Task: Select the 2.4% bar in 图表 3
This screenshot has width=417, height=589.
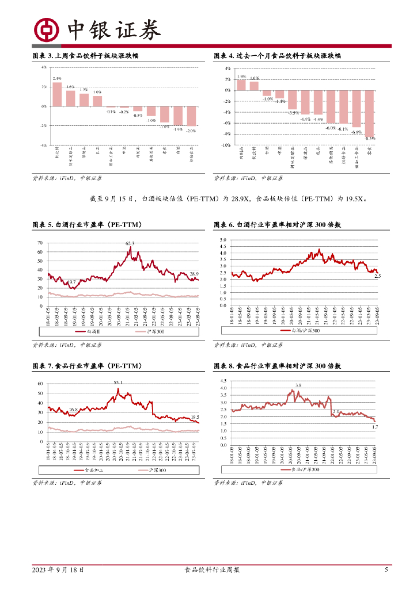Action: [57, 94]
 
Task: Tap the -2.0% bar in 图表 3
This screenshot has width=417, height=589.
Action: [191, 116]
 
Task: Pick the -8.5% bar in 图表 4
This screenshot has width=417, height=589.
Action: [369, 112]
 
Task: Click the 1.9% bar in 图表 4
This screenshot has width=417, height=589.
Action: [241, 85]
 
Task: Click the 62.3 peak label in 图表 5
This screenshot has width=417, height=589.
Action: [130, 244]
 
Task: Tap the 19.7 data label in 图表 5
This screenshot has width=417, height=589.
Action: [71, 282]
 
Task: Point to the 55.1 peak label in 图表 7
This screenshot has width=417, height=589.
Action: [118, 382]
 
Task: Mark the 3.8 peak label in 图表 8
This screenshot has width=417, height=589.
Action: [298, 385]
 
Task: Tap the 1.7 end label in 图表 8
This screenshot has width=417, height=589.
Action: [375, 427]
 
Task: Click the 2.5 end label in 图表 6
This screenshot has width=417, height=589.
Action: [378, 277]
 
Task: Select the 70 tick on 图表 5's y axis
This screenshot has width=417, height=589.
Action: [40, 243]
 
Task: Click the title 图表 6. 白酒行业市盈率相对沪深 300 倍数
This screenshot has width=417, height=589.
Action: [277, 224]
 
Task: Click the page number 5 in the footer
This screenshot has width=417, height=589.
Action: [386, 570]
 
